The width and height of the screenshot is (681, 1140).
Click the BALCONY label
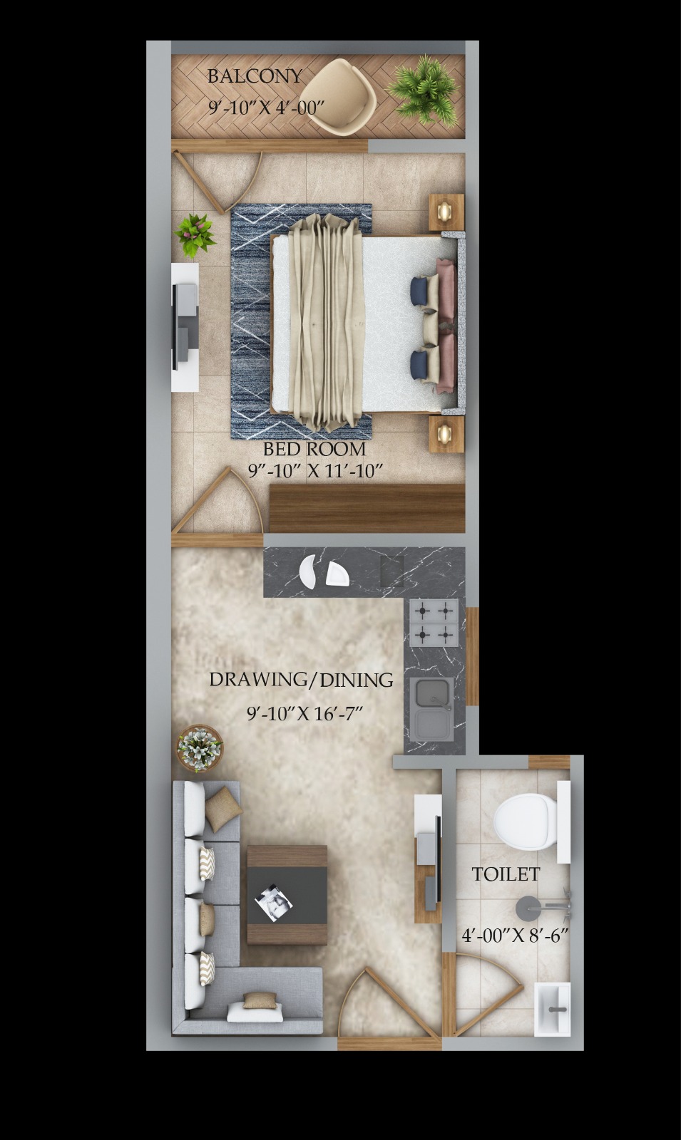(x=255, y=76)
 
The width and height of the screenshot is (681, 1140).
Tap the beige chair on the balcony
(x=338, y=97)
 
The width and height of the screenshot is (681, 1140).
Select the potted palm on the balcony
(x=424, y=90)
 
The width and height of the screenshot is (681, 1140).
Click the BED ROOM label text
(x=314, y=449)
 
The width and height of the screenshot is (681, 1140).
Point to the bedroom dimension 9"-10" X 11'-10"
(x=314, y=471)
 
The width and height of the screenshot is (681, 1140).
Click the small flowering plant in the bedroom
(x=195, y=234)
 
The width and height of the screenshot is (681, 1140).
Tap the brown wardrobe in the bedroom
(x=367, y=509)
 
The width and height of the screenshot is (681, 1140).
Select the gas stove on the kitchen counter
(x=434, y=623)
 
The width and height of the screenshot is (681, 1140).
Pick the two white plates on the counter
(x=324, y=573)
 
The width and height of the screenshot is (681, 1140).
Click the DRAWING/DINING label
(x=301, y=680)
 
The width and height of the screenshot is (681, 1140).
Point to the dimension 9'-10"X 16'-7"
(x=304, y=713)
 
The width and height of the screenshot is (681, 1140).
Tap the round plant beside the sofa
(x=199, y=749)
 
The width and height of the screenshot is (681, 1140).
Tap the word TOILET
(x=506, y=874)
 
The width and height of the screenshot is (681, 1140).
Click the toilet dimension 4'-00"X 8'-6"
(x=515, y=936)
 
